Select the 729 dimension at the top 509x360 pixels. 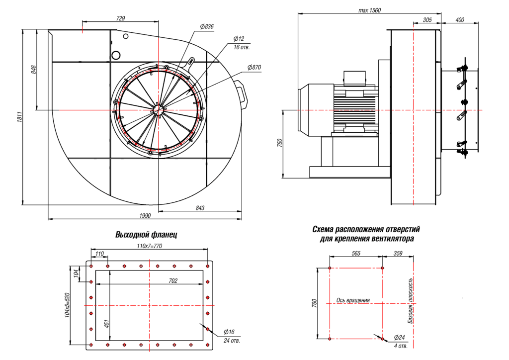pos(120,18)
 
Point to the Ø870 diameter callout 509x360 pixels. pos(254,67)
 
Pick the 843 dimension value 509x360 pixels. pos(200,208)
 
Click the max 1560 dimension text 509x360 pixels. pos(369,10)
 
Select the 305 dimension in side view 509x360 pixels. pos(426,20)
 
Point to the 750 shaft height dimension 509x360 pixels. pos(280,143)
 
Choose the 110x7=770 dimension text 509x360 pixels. pos(150,246)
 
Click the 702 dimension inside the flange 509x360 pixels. pos(173,281)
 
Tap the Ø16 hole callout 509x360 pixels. pos(229,332)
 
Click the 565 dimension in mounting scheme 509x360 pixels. pos(356,254)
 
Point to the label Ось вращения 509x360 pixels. pos(353,300)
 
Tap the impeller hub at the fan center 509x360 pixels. pos(159,109)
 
